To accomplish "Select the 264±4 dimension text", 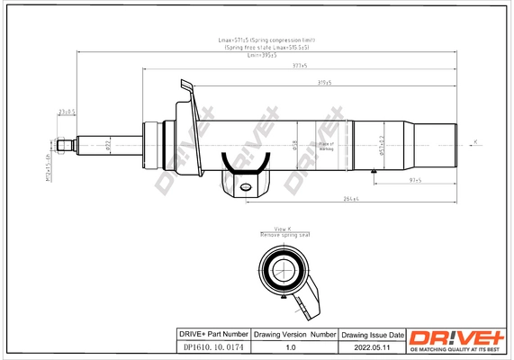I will tap(350, 198).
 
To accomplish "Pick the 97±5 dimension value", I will tap(391, 181).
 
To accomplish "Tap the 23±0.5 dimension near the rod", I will tap(66, 112).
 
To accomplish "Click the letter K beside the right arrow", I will tap(475, 139).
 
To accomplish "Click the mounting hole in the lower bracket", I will tap(246, 187).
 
